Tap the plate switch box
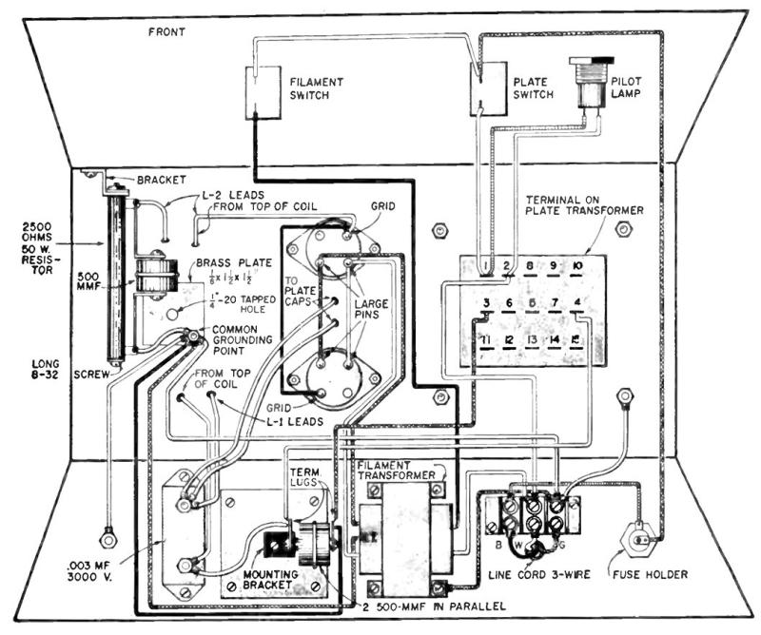[x=489, y=91]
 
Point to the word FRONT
[x=166, y=31]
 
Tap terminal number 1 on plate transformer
[x=485, y=266]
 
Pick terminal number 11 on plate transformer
[x=485, y=339]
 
